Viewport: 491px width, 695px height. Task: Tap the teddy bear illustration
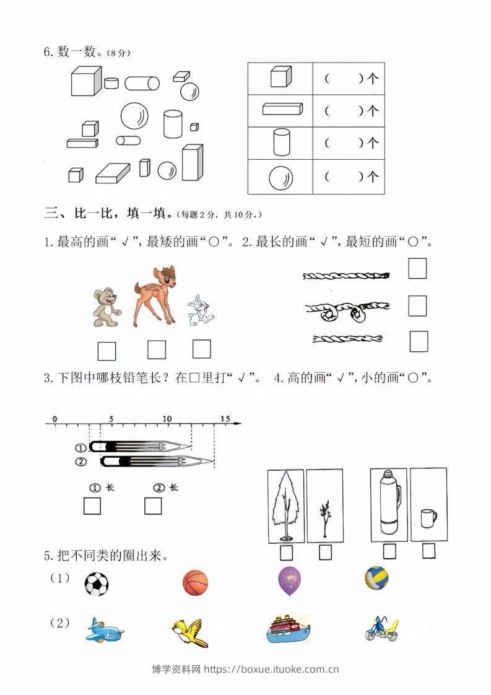[105, 306]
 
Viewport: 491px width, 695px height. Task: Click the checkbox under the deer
[157, 350]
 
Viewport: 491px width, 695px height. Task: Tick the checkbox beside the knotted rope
[417, 305]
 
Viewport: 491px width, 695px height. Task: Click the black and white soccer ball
[96, 584]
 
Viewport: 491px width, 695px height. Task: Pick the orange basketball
[196, 584]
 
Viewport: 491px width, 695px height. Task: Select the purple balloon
[290, 581]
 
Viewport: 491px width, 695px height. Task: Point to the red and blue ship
[287, 630]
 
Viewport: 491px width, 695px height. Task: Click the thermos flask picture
[388, 502]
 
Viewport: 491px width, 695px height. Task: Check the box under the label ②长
[153, 506]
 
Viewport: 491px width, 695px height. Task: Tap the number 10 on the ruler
[167, 419]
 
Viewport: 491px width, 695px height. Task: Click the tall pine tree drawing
[285, 504]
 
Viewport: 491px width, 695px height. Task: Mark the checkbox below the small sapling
[325, 551]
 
